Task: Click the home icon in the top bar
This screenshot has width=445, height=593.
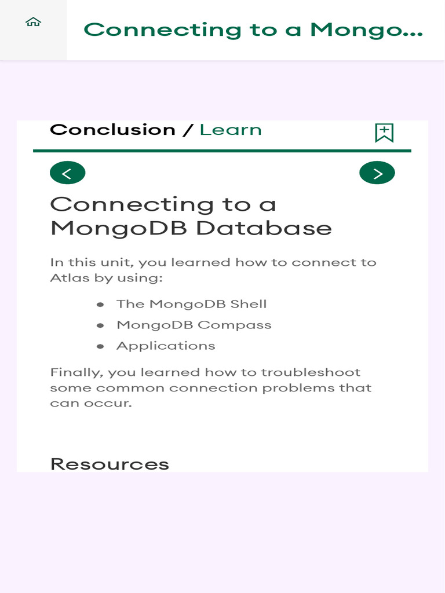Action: (x=34, y=22)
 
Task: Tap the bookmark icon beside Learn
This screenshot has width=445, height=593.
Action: (x=384, y=133)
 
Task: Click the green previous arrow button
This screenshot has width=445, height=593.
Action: (x=67, y=173)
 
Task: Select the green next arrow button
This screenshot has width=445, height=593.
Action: (x=377, y=173)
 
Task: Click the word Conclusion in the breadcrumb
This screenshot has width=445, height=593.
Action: (x=112, y=130)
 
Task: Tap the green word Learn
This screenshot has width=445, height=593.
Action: (x=231, y=130)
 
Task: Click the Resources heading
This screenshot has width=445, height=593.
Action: (x=110, y=464)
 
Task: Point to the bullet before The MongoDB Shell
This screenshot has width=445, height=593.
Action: (x=100, y=305)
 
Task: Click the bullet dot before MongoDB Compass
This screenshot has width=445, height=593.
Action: (x=100, y=325)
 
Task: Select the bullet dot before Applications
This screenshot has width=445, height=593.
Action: (x=100, y=346)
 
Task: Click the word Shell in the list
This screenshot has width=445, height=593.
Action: (x=249, y=304)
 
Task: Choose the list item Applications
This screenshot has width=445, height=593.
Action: (x=166, y=346)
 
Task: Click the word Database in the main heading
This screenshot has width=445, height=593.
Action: (x=264, y=228)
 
